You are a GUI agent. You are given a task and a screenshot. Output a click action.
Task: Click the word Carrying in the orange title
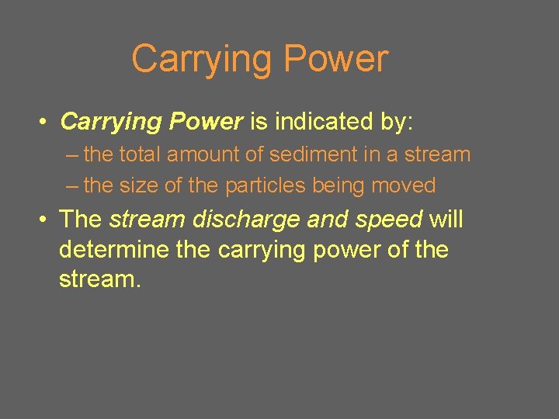coord(202,60)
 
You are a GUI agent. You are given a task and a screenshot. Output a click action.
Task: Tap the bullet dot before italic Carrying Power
coord(46,123)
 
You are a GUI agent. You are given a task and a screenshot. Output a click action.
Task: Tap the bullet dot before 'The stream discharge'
coord(46,220)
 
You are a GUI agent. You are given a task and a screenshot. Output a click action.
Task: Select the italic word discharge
coord(246,220)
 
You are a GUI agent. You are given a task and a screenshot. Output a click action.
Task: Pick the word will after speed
coord(446,220)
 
